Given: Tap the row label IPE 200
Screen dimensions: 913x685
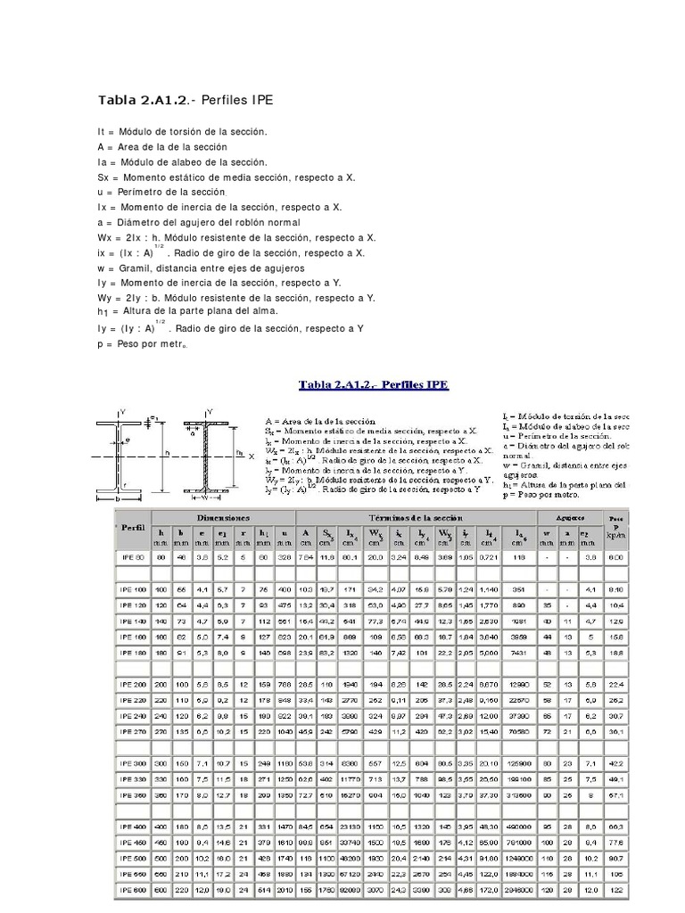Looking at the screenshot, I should pos(131,684).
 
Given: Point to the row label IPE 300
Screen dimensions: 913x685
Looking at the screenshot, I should pos(131,764).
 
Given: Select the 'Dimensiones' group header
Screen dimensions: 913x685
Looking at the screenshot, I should pos(223,518).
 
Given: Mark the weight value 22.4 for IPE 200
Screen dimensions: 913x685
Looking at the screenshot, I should pos(615,684).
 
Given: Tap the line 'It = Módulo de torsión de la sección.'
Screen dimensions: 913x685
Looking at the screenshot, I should pos(183,131).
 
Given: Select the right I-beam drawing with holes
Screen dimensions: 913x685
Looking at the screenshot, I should pos(207,455).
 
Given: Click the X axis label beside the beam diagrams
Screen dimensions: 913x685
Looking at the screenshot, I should pos(252,456).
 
